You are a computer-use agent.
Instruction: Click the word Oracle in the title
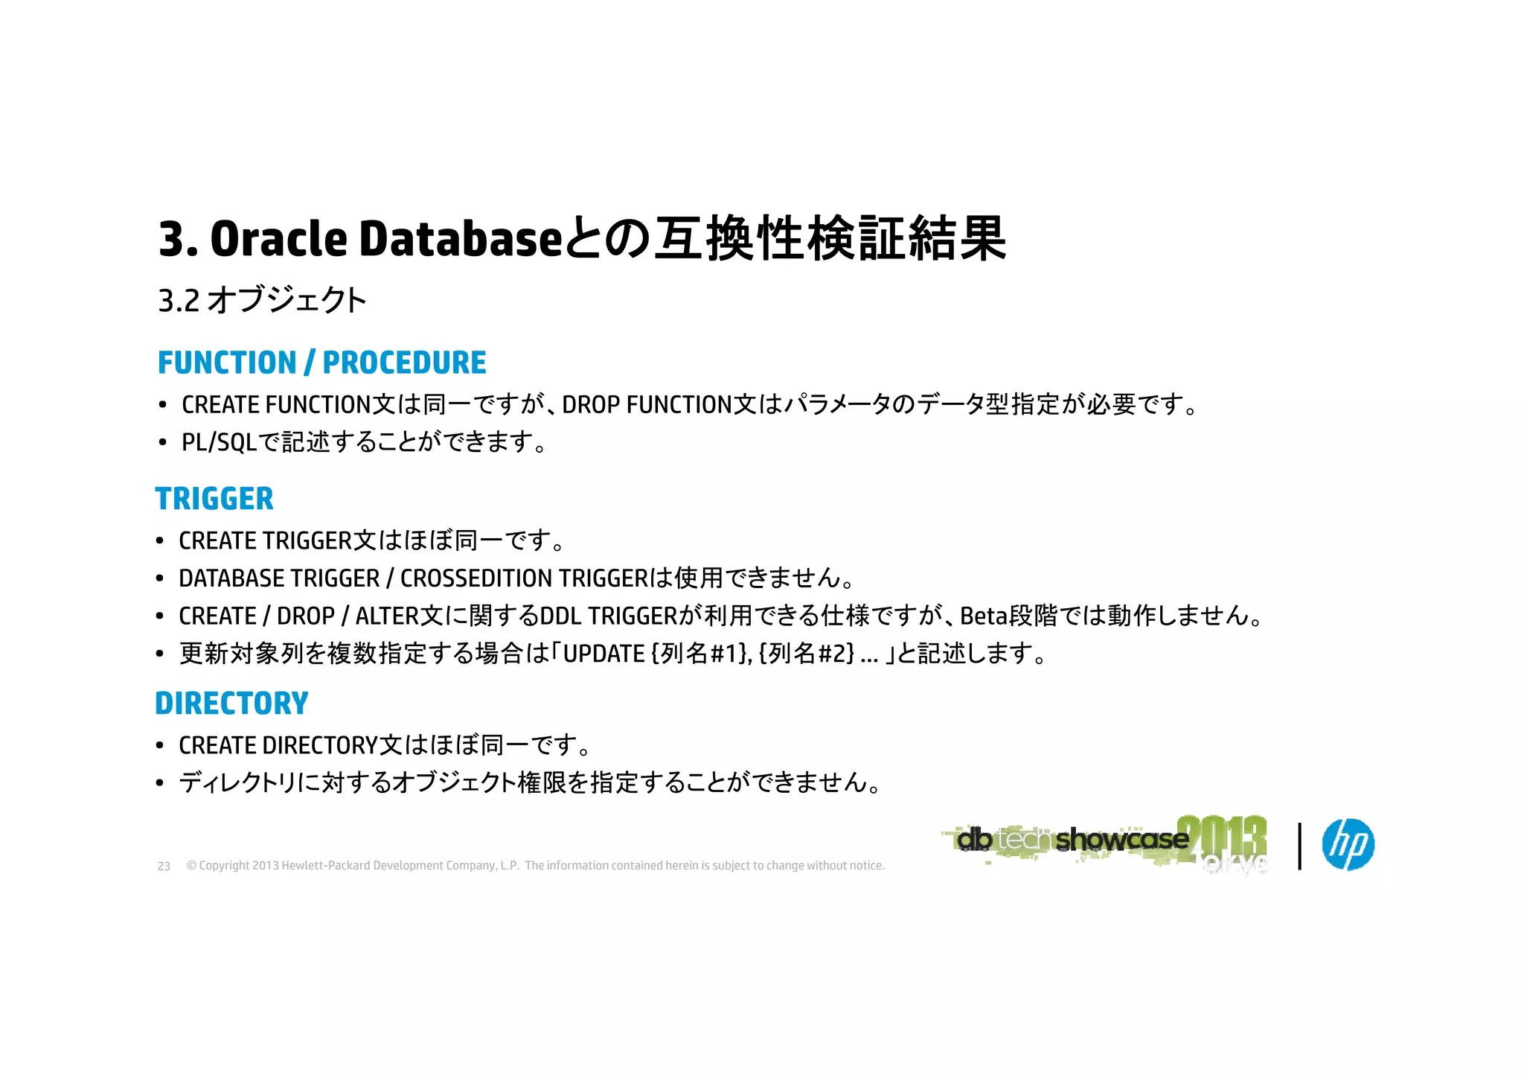pos(278,240)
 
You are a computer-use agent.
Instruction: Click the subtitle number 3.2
pos(179,301)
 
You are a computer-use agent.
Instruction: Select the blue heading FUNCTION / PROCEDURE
pos(321,363)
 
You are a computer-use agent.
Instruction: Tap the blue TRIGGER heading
pos(214,499)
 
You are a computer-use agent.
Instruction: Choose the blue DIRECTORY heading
pos(231,704)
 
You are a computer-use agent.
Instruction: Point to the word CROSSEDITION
pos(476,578)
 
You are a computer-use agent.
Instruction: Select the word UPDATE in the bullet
pos(603,654)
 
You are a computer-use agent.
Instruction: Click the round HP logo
pos(1348,845)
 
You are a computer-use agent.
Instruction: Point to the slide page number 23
pos(164,867)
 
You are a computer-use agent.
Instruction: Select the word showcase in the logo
pos(1121,840)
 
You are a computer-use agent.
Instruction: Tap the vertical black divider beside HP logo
pos(1299,846)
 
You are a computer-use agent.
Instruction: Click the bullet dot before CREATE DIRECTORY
pos(159,746)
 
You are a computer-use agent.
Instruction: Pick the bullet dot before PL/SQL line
pos(162,444)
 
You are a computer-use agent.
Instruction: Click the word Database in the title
pos(460,240)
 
